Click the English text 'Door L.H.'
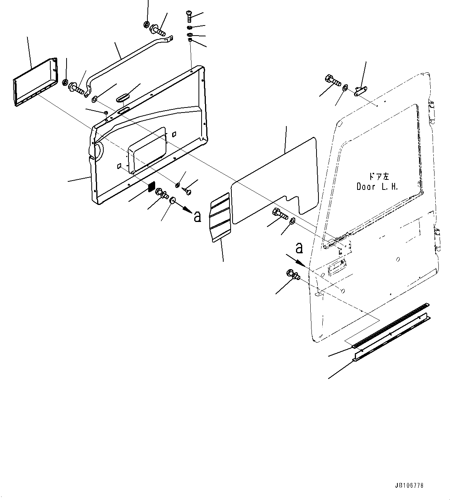point(377,186)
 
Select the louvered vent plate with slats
point(219,218)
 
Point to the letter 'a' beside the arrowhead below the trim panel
point(197,217)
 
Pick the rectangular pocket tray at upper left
point(36,82)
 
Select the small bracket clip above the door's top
point(361,91)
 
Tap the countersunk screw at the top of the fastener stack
point(189,17)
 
